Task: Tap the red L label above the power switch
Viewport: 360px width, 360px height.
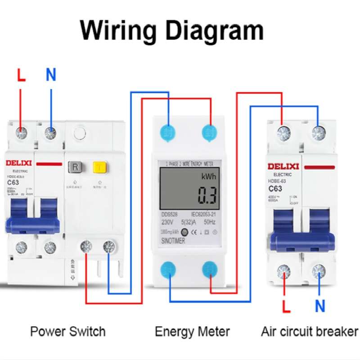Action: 21,75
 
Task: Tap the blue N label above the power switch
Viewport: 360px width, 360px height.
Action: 51,75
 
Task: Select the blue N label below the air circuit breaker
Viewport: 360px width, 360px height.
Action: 320,306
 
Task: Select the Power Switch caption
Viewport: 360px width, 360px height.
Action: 67,332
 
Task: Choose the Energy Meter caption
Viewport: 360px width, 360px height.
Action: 192,332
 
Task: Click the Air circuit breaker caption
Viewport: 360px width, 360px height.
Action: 310,332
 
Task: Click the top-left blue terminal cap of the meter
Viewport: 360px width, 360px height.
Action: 168,131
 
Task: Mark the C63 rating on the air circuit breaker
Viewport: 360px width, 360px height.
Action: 275,189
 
